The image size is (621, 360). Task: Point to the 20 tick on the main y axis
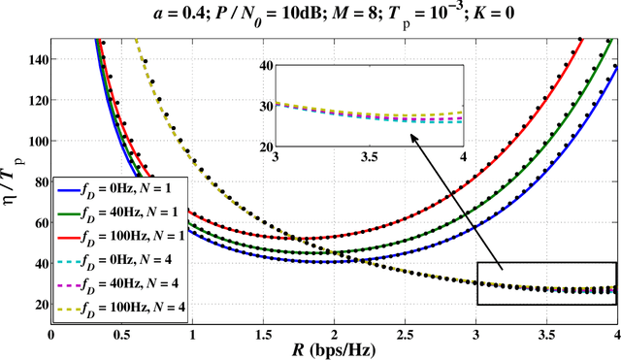[37, 304]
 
